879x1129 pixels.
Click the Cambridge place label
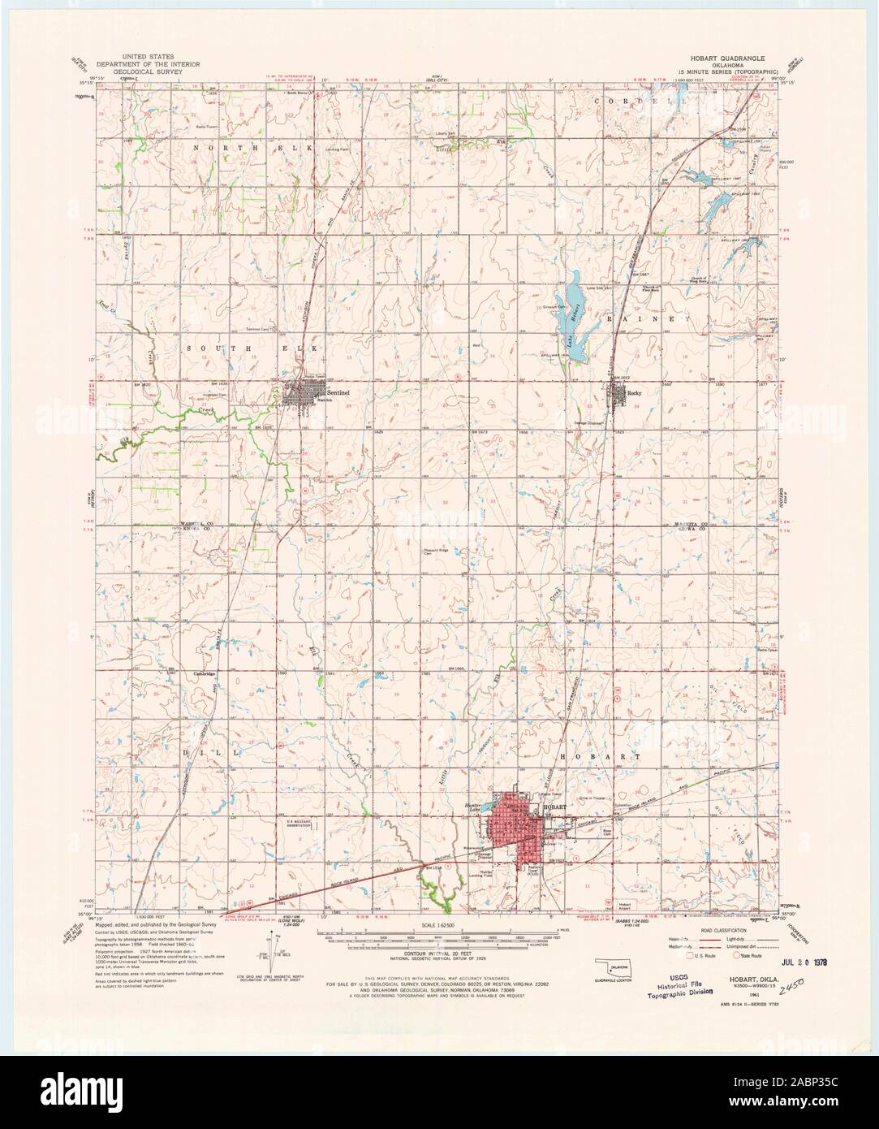(x=203, y=674)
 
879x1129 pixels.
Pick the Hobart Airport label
(x=624, y=905)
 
